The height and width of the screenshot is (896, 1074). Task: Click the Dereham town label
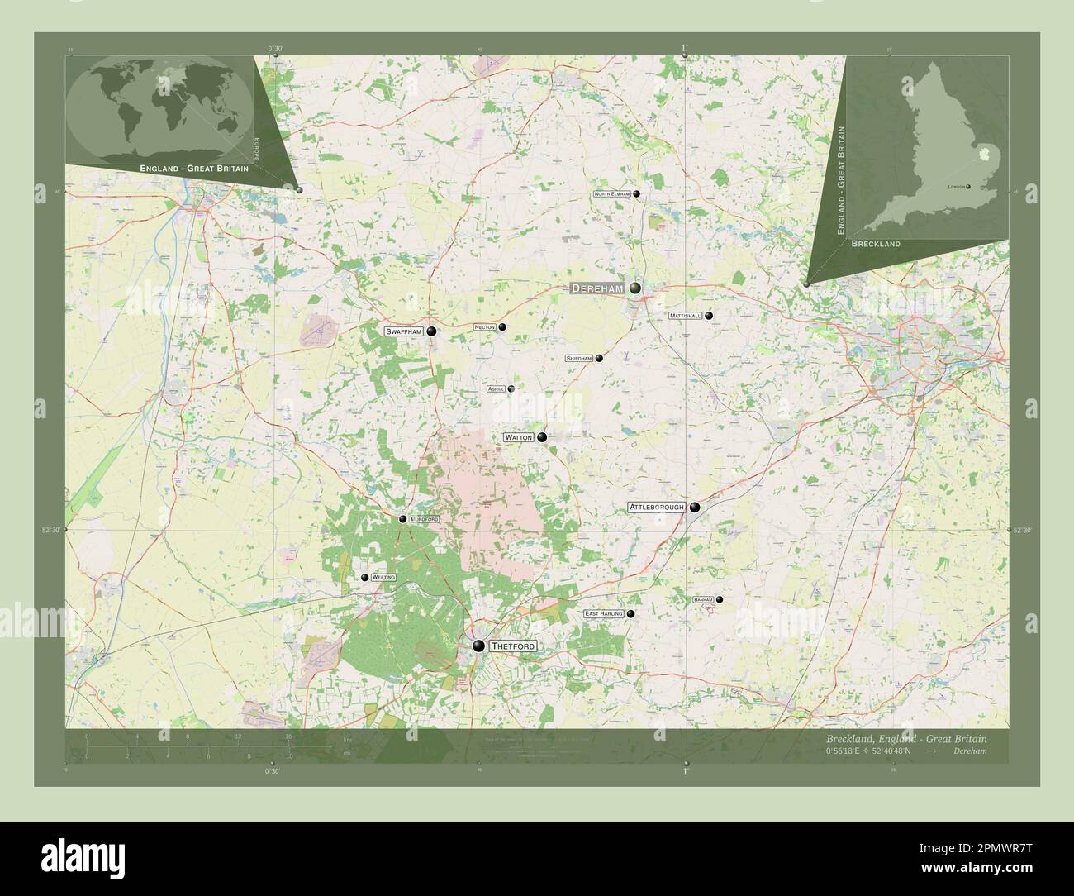click(x=597, y=288)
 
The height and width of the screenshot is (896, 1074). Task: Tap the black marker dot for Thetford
click(x=478, y=646)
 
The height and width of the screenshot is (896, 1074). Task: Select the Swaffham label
click(x=404, y=331)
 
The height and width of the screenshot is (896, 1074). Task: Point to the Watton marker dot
click(x=542, y=437)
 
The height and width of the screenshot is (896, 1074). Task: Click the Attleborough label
click(x=657, y=508)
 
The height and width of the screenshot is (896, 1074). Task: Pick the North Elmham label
click(x=612, y=194)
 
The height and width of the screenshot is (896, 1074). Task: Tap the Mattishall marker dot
click(x=709, y=316)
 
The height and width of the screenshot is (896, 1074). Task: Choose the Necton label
click(x=485, y=327)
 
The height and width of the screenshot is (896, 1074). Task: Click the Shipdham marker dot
click(x=599, y=359)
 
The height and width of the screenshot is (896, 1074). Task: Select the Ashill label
click(x=497, y=388)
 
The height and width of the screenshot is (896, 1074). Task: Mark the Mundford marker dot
click(x=402, y=519)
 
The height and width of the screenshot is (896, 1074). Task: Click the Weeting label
click(x=384, y=577)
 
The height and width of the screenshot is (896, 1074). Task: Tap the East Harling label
click(x=604, y=614)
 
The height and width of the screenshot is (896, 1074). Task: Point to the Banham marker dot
click(x=720, y=599)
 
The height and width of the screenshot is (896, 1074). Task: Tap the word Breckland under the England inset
click(x=876, y=245)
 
